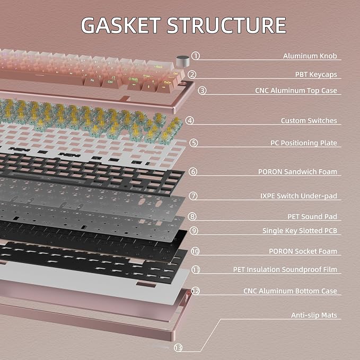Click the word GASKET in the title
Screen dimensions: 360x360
point(121,25)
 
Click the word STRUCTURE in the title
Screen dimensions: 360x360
point(226,25)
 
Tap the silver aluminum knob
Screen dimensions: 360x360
point(183,62)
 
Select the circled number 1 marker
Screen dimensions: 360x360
point(196,56)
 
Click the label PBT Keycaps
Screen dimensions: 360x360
point(316,75)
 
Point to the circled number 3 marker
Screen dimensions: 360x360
point(202,91)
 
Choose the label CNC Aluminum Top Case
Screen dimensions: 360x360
point(296,91)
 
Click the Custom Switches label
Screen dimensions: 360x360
point(309,120)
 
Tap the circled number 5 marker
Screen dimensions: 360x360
point(194,143)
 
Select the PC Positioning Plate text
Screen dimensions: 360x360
point(303,143)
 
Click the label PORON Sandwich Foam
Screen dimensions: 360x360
point(297,172)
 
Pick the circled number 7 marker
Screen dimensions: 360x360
point(193,196)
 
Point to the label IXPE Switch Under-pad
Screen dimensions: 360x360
point(298,196)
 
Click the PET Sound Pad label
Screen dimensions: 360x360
point(312,216)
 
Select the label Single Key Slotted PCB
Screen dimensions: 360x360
point(300,231)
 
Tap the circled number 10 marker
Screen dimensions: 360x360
point(195,251)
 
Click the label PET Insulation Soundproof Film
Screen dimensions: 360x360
point(285,269)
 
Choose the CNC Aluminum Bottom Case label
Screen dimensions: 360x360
point(290,291)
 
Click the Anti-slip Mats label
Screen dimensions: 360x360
point(314,315)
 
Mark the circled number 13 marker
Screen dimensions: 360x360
point(178,348)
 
